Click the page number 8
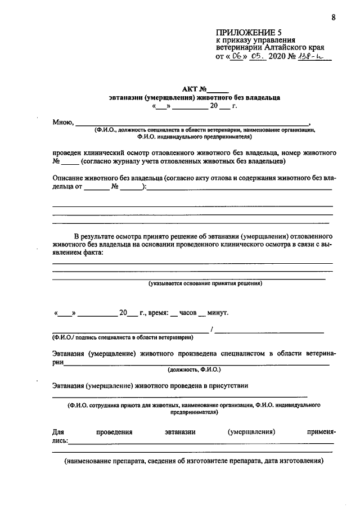(x=333, y=17)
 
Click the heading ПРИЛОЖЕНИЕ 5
(x=249, y=32)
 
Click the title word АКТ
(x=191, y=88)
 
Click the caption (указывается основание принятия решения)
(x=205, y=283)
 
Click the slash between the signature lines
(x=211, y=330)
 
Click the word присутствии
(x=227, y=386)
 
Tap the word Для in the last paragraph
(x=58, y=432)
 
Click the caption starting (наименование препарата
(x=193, y=461)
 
